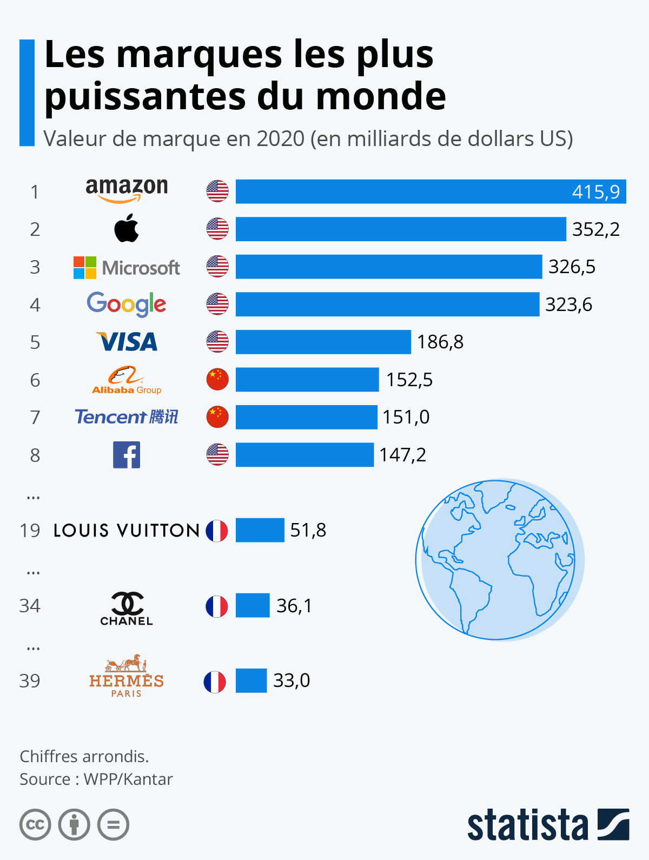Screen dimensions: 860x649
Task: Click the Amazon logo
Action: (127, 190)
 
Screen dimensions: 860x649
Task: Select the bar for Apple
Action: (400, 229)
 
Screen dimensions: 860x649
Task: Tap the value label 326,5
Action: (572, 267)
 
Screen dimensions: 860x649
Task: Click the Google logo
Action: (127, 305)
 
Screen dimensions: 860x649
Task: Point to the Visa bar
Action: (323, 342)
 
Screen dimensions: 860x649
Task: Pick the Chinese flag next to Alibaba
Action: (217, 380)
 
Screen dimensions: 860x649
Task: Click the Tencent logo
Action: (127, 417)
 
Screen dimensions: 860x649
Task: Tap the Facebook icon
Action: (127, 455)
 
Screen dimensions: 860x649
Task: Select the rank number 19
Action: (30, 531)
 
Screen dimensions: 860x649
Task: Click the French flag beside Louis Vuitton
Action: (217, 531)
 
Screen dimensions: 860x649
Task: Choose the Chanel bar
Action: (253, 605)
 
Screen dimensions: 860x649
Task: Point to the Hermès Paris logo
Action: (127, 676)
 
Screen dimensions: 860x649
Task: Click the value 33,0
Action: (292, 680)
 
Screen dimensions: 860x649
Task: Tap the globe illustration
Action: (499, 559)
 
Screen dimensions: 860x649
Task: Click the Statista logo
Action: (548, 824)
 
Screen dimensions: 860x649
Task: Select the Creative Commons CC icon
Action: (35, 825)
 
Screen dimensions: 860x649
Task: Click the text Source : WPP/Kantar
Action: (96, 779)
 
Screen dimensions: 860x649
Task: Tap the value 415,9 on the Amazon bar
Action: (596, 192)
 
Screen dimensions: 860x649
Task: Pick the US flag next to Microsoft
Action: (217, 267)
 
